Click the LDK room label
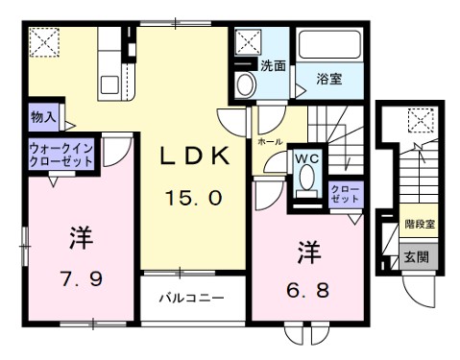click(x=189, y=157)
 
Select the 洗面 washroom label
click(x=273, y=66)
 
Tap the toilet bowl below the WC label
click(x=306, y=179)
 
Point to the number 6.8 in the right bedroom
click(x=306, y=288)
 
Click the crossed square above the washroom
click(x=249, y=43)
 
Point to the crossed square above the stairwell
click(x=419, y=120)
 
